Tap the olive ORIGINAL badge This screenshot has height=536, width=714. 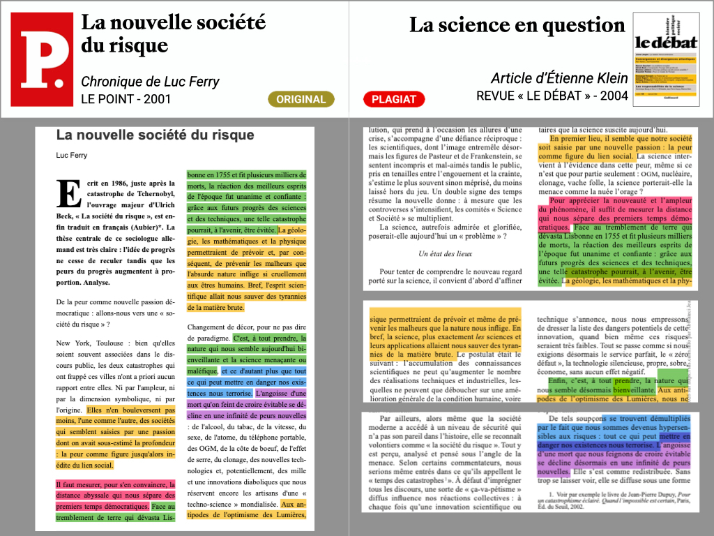pos(301,99)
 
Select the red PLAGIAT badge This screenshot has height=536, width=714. pos(394,99)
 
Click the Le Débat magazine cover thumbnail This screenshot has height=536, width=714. pos(666,59)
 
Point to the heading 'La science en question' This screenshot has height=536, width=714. pos(517,26)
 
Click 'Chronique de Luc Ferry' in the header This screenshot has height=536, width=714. pos(150,82)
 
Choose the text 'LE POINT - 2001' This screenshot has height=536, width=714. pos(126,99)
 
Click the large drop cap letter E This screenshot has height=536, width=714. pos(69,194)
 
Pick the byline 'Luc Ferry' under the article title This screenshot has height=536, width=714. pos(72,155)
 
